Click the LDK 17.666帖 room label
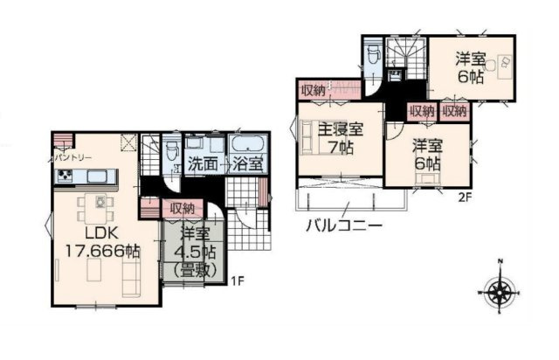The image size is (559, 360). [x=102, y=243]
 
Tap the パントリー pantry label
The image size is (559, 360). [x=73, y=158]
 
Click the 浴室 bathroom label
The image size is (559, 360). [x=248, y=164]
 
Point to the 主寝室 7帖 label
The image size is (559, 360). [x=341, y=138]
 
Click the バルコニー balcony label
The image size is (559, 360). [x=344, y=225]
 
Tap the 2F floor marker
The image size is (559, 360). [x=465, y=197]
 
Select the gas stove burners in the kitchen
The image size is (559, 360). [x=65, y=176]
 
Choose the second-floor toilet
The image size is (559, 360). [x=374, y=53]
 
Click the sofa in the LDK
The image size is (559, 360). [x=131, y=278]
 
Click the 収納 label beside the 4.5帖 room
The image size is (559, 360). [x=182, y=208]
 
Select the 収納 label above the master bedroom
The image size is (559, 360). [x=314, y=91]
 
